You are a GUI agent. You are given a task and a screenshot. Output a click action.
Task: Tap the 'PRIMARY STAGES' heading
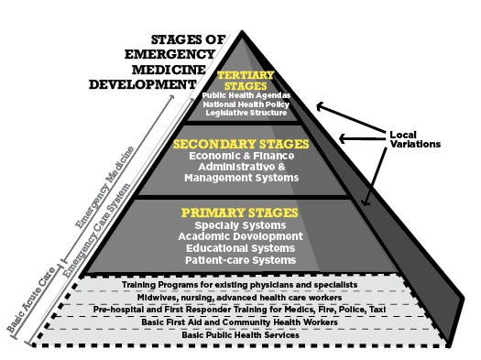point(241,213)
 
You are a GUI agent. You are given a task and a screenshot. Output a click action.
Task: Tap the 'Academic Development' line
point(240,236)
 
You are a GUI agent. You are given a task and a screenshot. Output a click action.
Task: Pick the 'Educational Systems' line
point(240,247)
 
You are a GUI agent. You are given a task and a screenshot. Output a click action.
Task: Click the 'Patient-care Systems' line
point(240,259)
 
